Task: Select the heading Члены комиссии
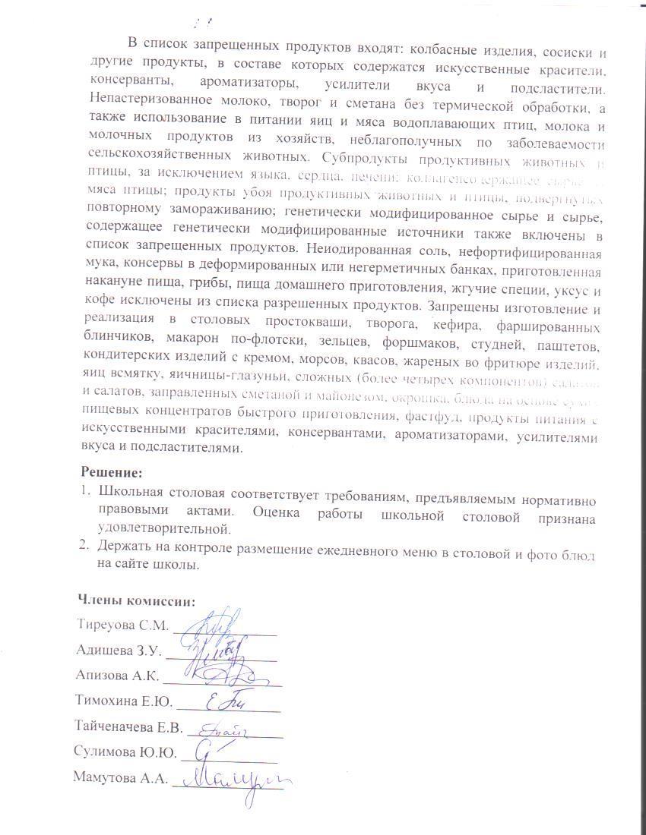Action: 137,600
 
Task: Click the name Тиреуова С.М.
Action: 122,625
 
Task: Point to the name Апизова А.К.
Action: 116,675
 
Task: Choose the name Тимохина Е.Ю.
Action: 125,701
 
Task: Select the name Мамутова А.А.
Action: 120,777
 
